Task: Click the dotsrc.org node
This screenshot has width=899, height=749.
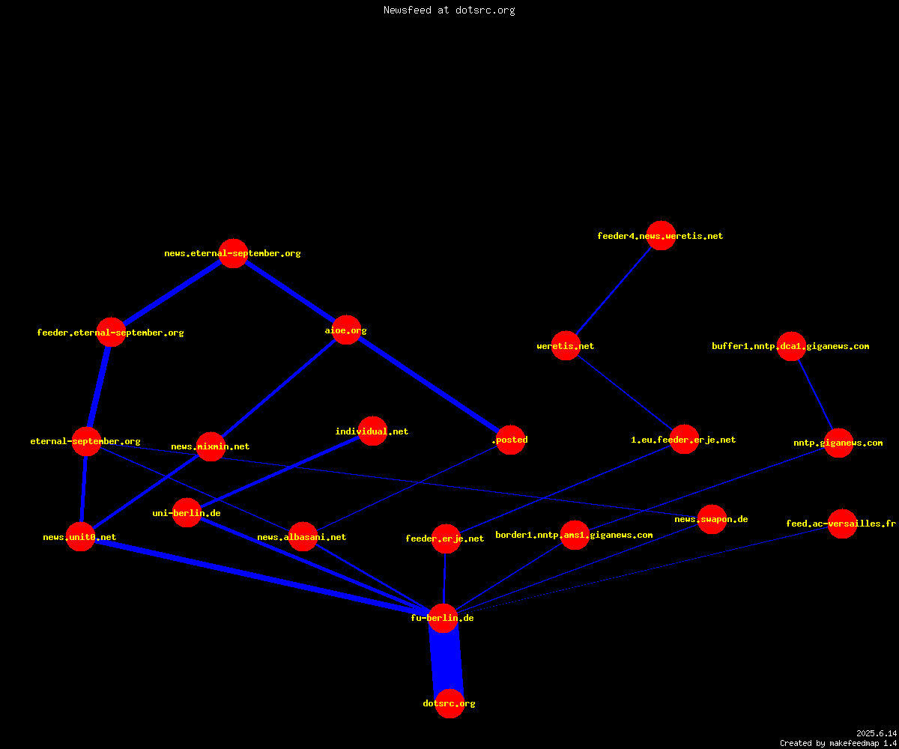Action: pos(449,703)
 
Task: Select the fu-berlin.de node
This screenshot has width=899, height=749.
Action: pos(443,618)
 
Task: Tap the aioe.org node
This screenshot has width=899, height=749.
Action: pos(346,330)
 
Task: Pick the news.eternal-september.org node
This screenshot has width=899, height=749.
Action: pos(233,254)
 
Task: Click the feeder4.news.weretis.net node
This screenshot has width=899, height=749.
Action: pos(661,235)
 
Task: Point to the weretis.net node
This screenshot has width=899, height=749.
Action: pos(566,345)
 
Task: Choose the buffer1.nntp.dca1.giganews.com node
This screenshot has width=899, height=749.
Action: pos(791,346)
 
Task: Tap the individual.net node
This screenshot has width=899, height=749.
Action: pos(372,431)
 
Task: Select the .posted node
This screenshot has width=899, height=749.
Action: pos(510,440)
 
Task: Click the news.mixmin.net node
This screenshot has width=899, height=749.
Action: pos(211,446)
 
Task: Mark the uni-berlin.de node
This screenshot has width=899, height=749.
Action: pos(187,512)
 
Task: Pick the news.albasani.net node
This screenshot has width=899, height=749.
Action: pos(303,537)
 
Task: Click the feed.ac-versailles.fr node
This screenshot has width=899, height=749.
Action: pos(842,524)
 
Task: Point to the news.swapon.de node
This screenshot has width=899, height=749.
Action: pos(712,519)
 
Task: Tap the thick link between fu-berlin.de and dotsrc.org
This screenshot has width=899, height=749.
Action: pos(447,661)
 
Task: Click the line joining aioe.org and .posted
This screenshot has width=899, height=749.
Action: pos(429,385)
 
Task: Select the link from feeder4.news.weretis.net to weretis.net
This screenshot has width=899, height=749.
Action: pos(614,291)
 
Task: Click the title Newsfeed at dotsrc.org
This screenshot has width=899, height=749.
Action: pos(449,10)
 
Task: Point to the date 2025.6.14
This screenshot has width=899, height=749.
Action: pos(877,733)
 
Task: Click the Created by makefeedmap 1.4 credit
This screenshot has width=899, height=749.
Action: pos(838,744)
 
